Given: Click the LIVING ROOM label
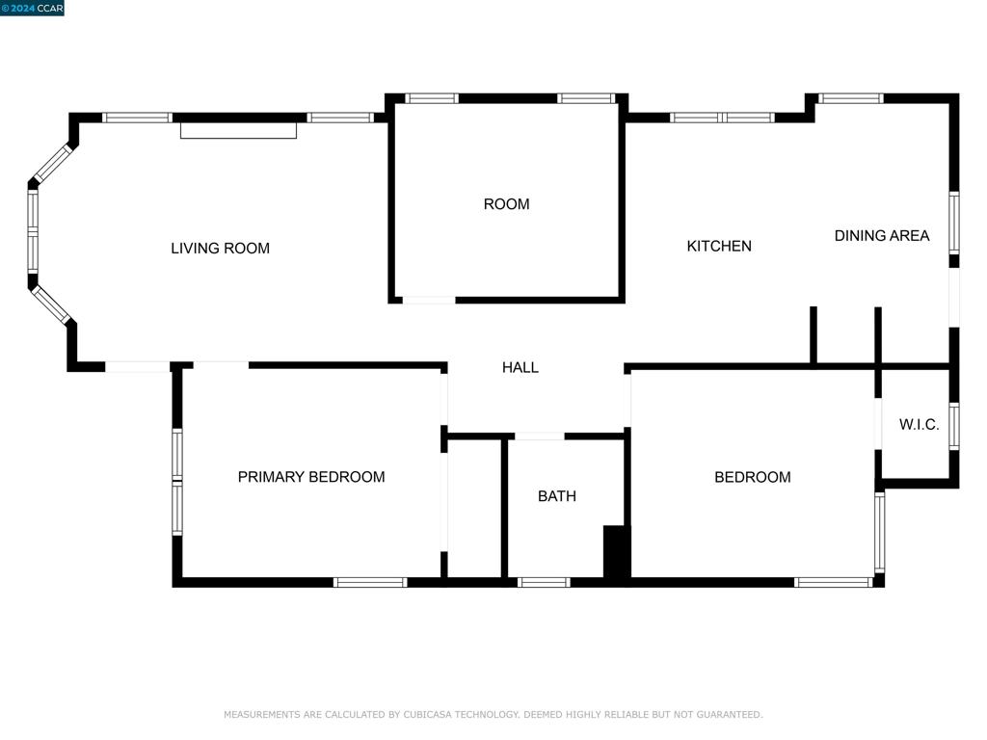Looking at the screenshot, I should pos(220,248).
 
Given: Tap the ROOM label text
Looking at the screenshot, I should pos(506,204).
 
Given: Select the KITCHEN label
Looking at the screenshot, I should pos(718,246).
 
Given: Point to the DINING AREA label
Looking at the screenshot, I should pos(881,235).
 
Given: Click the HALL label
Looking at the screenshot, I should pos(520,367).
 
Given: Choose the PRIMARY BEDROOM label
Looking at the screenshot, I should pos(310,477).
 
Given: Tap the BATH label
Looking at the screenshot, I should pos(556,496).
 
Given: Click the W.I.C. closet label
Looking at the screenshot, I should pos(918,424).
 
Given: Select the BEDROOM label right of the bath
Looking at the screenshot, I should pos(752,477).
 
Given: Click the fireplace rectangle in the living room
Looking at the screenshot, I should pos(238,130).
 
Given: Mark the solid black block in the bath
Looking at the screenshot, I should pos(616,552).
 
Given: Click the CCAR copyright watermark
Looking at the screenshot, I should pos(33,8).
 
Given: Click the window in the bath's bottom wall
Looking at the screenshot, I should pos(544,582).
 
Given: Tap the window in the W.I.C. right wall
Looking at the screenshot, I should pos(953,426).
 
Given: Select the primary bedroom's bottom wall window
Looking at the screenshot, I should pos(370,582).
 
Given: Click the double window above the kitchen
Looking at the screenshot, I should pos(722,118).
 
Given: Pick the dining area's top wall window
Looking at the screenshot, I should pos(850,98).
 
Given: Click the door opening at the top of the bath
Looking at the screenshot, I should pos(538,436).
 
